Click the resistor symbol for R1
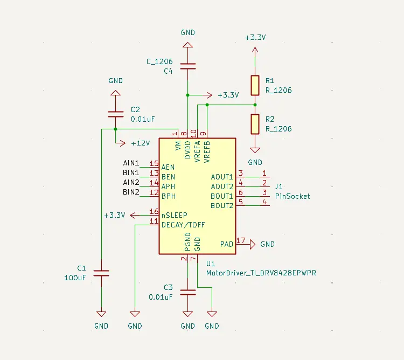pos(255,85)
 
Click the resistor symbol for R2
pos(255,124)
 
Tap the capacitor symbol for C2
pos(115,114)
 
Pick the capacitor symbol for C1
pos(101,273)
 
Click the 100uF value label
pos(75,278)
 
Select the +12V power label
pos(140,143)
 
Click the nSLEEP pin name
pos(175,215)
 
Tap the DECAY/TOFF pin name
pos(183,225)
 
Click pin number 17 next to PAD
pos(241,241)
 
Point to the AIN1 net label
pos(131,163)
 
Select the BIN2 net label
pos(131,192)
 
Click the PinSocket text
pos(292,196)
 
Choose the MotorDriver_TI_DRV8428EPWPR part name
pos(261,273)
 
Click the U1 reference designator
pos(211,263)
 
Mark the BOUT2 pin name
pos(222,206)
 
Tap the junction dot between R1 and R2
pos(255,105)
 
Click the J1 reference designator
pos(279,186)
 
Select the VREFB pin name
pos(207,149)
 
